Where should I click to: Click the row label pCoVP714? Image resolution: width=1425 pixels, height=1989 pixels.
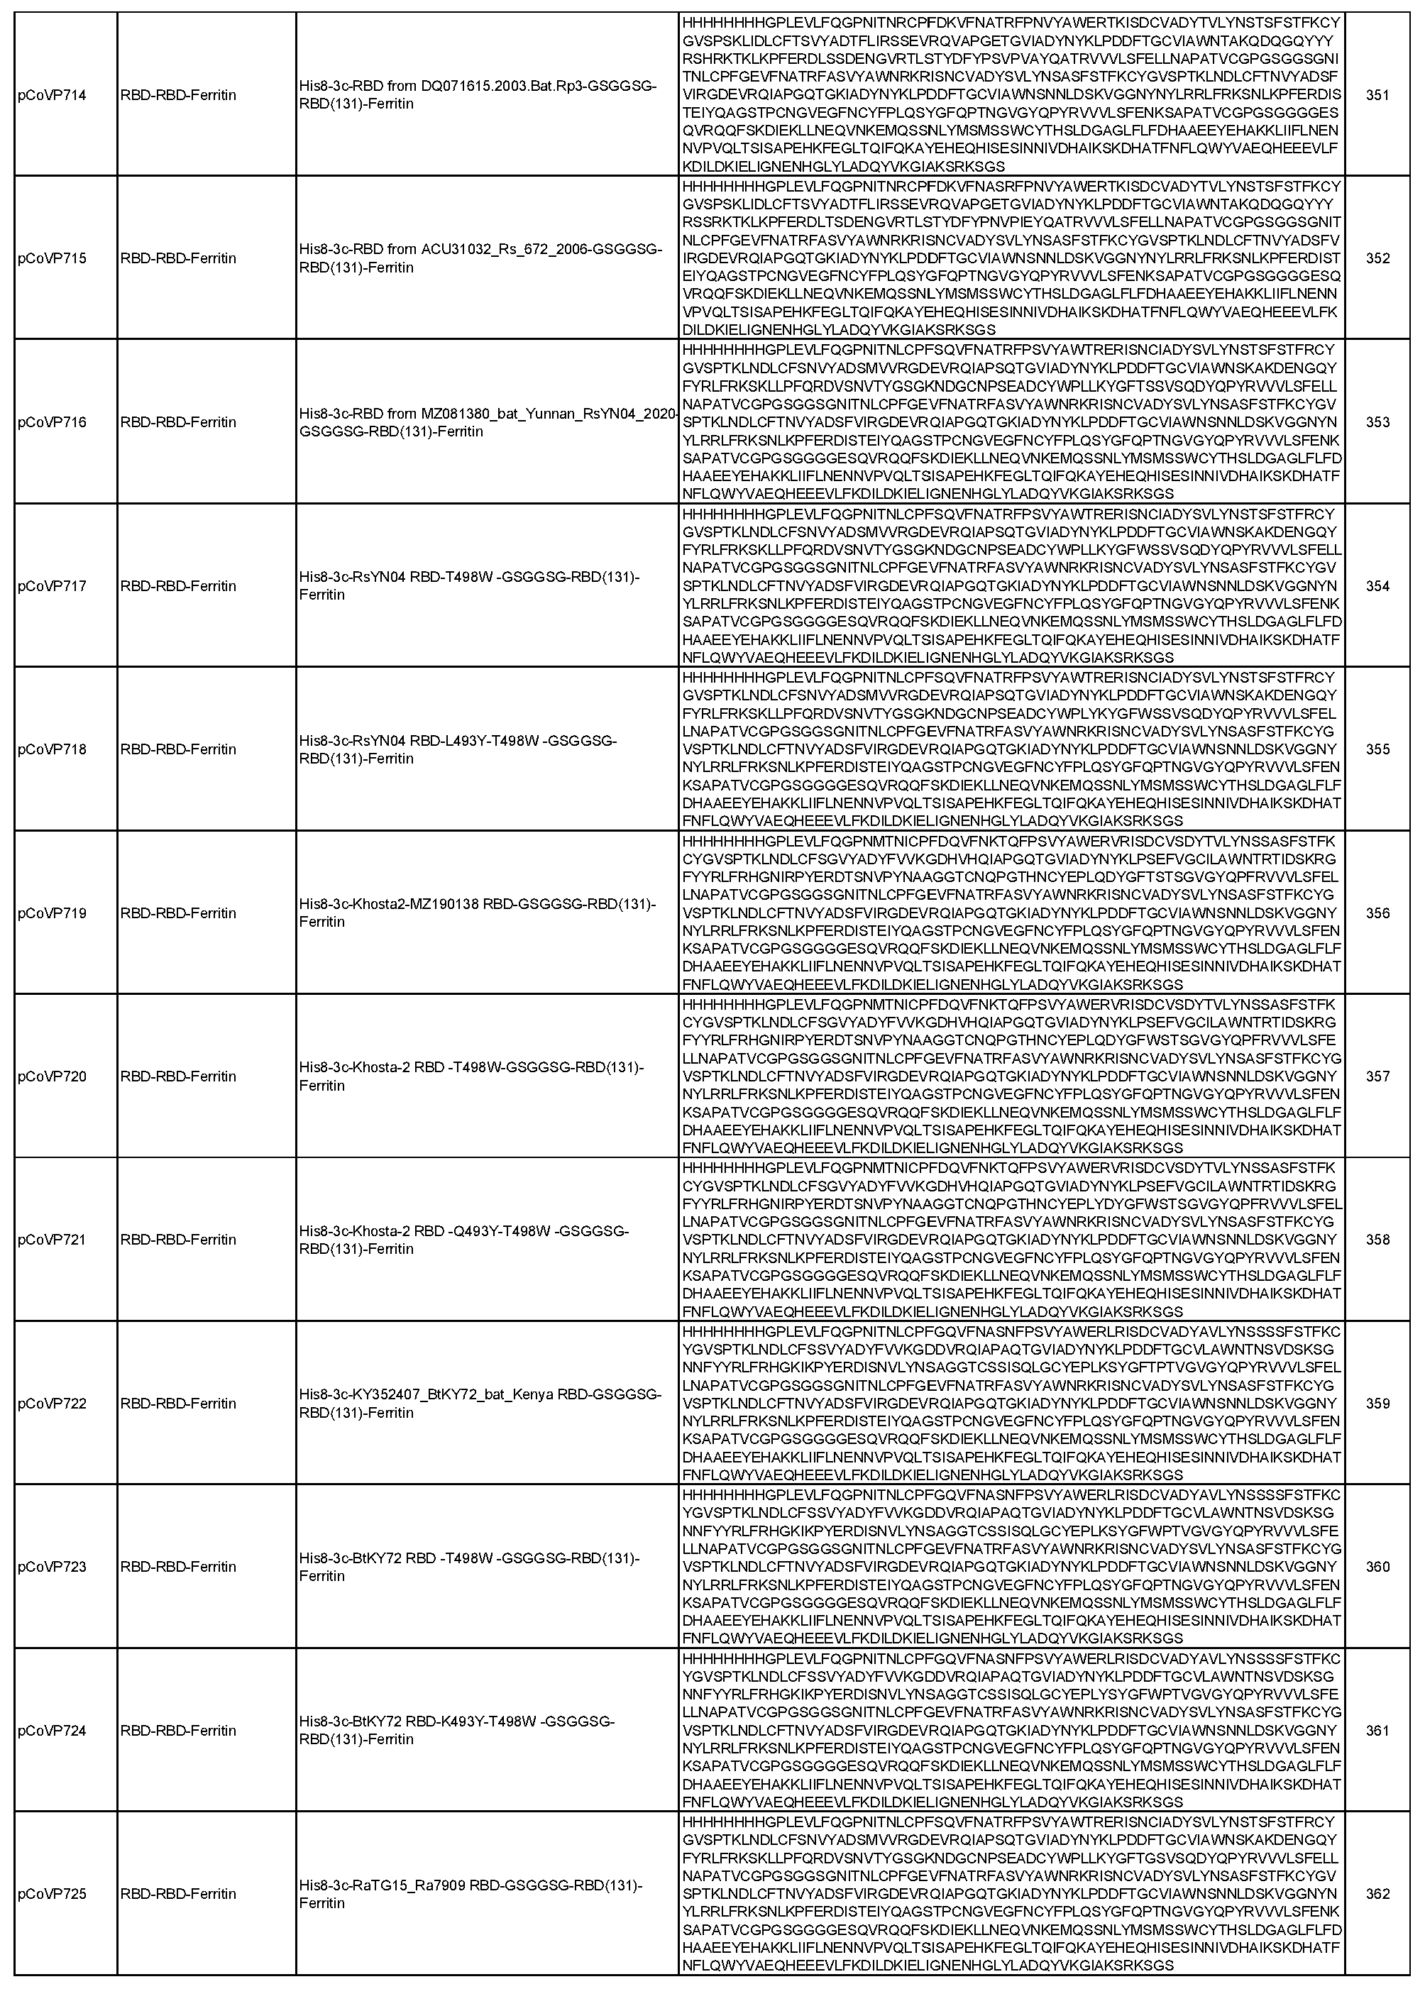point(52,94)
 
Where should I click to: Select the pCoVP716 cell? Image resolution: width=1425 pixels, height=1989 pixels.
point(52,422)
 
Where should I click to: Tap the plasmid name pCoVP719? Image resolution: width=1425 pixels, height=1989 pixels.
point(52,913)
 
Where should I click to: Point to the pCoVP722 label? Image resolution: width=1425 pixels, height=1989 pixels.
point(52,1403)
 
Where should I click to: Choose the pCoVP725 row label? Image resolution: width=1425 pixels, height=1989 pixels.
point(52,1893)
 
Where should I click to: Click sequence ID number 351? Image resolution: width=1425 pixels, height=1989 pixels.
point(1377,94)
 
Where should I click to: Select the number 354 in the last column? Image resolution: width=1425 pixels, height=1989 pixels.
point(1377,586)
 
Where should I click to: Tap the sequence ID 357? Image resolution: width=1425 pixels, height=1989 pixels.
point(1377,1076)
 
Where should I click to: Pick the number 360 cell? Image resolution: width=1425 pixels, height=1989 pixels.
point(1377,1566)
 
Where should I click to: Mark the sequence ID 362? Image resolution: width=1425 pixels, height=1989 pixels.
point(1377,1893)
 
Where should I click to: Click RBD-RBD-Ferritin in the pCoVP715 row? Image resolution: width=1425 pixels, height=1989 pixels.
point(178,259)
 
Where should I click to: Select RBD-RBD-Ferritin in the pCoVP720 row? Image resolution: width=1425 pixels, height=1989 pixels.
point(178,1076)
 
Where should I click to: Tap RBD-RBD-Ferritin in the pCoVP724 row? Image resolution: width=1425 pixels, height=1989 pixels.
point(178,1730)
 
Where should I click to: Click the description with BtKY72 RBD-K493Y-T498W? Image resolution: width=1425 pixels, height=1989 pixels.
point(457,1730)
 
